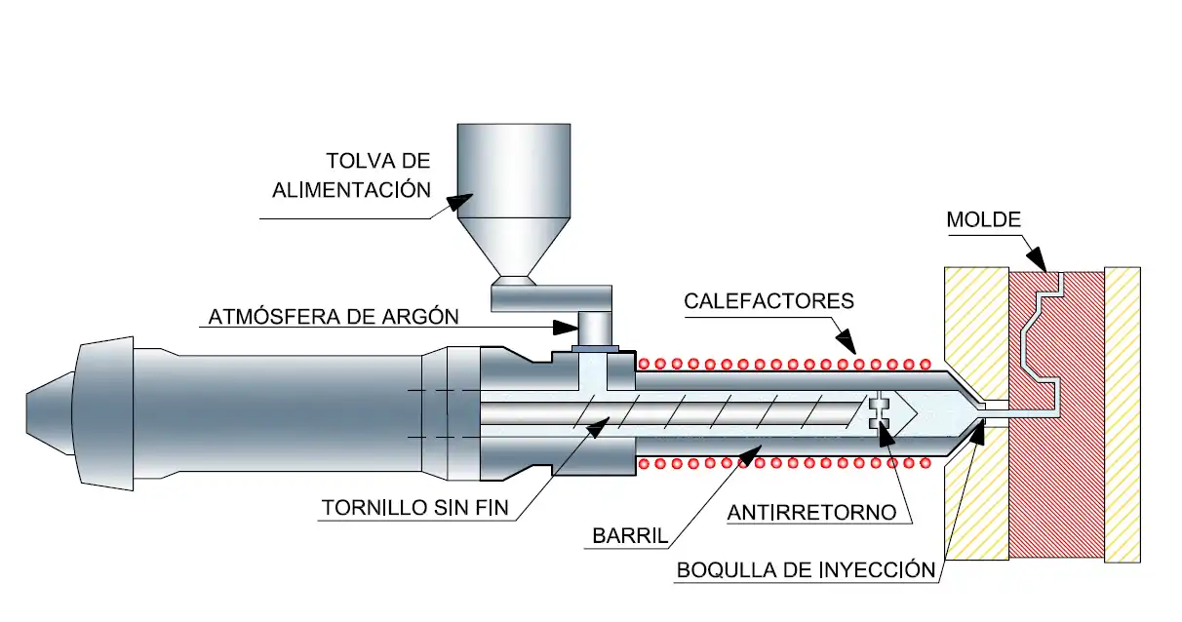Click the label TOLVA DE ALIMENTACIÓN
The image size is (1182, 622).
[x=351, y=175]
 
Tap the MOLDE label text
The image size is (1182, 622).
[x=983, y=220]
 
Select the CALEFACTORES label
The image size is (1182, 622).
[x=768, y=300]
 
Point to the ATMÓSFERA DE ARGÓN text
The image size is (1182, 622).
[x=333, y=318]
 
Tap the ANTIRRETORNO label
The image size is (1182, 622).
[x=812, y=512]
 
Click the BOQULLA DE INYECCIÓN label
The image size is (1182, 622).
[x=806, y=570]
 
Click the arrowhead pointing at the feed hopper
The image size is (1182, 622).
[x=455, y=201]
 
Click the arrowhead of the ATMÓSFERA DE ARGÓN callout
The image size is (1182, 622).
[x=566, y=326]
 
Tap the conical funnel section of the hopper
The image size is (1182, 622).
[x=513, y=250]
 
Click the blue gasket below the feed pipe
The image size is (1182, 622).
[x=594, y=347]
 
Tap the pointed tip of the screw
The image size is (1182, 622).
[x=913, y=409]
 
